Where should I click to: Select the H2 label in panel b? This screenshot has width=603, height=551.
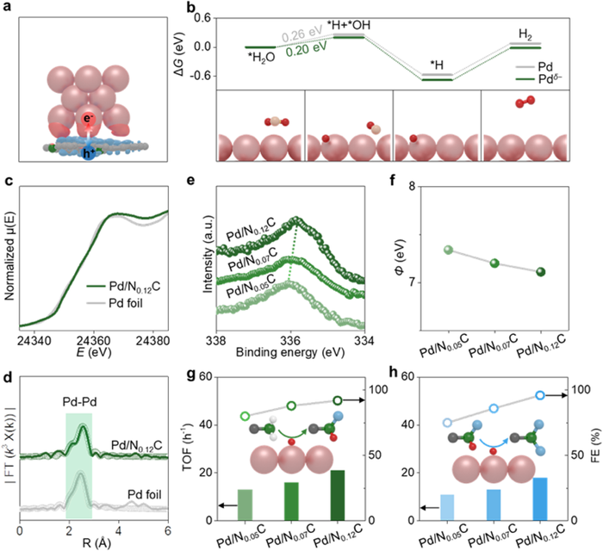pos(525,33)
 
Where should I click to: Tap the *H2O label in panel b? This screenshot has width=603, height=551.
pos(261,57)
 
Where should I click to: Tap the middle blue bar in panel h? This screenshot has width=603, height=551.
pos(494,505)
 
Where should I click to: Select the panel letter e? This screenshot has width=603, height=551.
pos(202,183)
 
